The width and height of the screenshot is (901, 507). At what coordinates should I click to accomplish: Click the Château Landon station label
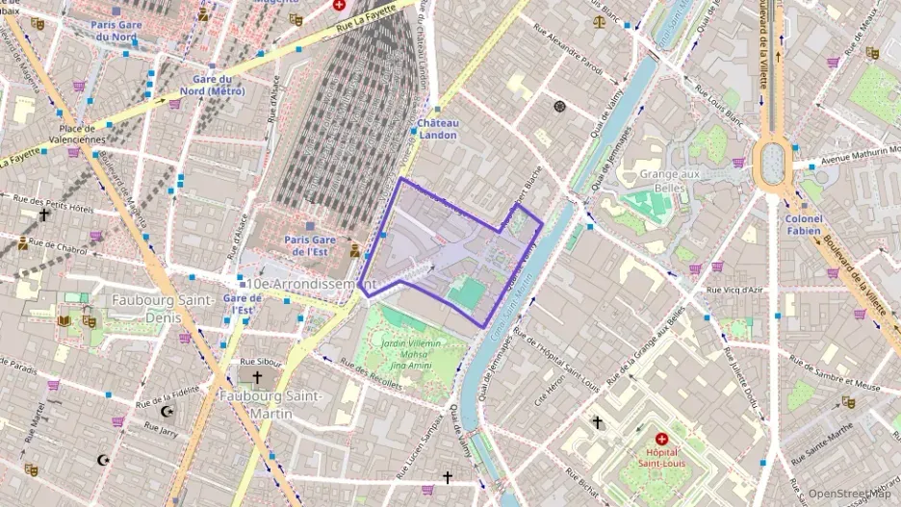pos(438,129)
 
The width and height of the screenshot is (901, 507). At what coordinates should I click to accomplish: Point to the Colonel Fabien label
pos(803,224)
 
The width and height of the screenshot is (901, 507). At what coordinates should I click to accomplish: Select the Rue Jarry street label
pos(157,433)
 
